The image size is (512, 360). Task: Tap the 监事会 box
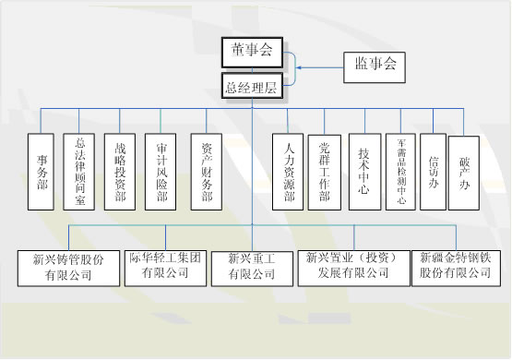[375, 64]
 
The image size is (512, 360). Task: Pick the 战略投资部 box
[120, 171]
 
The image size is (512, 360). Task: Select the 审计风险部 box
[161, 171]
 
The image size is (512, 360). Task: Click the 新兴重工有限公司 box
[252, 266]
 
